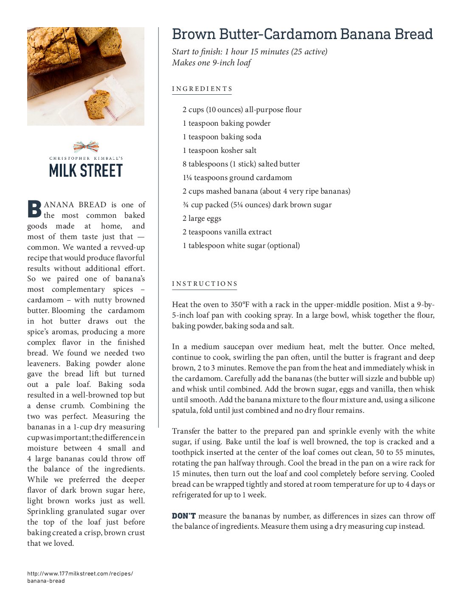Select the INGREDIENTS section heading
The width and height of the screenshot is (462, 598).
pyautogui.click(x=202, y=89)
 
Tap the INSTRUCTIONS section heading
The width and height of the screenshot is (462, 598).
pyautogui.click(x=205, y=284)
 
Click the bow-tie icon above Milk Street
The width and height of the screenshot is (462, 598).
pyautogui.click(x=86, y=147)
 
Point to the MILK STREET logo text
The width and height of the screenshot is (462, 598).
pyautogui.click(x=86, y=170)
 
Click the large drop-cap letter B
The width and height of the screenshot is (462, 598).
pyautogui.click(x=34, y=209)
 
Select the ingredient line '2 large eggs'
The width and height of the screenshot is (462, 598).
pyautogui.click(x=202, y=218)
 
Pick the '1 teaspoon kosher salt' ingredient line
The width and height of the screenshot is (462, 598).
pyautogui.click(x=220, y=150)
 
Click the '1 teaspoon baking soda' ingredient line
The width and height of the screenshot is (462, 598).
pyautogui.click(x=222, y=137)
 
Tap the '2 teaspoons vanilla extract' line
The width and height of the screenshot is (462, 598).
pyautogui.click(x=227, y=232)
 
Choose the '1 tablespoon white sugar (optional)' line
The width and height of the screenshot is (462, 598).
pyautogui.click(x=241, y=245)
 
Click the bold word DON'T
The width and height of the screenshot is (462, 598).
pyautogui.click(x=183, y=516)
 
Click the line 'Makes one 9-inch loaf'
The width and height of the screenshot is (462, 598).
pyautogui.click(x=211, y=63)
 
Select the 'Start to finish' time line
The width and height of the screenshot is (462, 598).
pyautogui.click(x=249, y=52)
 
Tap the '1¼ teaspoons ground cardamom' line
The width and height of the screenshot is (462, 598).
pyautogui.click(x=237, y=178)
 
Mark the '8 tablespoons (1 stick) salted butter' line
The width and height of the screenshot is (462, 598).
pyautogui.click(x=241, y=164)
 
